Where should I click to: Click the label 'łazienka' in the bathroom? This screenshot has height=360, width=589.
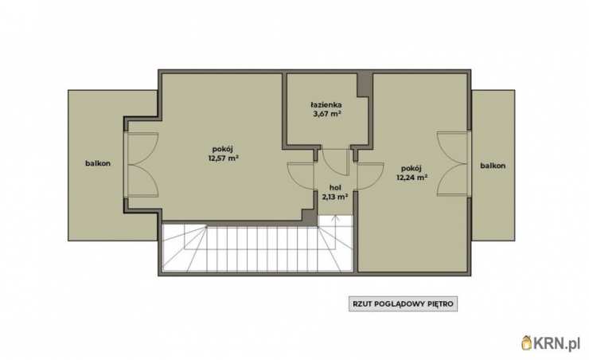[x=326, y=105]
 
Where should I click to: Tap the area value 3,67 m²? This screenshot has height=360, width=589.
[x=327, y=113]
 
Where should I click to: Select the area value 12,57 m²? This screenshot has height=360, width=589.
[x=224, y=158]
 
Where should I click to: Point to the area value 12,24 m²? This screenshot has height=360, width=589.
[x=412, y=177]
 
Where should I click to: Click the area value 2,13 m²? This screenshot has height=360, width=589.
[x=334, y=196]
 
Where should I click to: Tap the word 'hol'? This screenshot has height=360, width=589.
[x=335, y=187]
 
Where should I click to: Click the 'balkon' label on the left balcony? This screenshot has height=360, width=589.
[x=98, y=163]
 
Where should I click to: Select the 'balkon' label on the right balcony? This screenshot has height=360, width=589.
[x=493, y=166]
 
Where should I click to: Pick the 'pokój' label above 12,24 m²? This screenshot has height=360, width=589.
[x=411, y=168]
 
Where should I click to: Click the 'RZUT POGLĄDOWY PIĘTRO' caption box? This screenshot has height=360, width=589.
[x=403, y=303]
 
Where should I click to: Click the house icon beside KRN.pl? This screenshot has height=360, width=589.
[x=527, y=342]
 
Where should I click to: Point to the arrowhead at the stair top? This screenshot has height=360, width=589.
[x=335, y=217]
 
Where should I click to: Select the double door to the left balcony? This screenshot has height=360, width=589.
[x=141, y=164]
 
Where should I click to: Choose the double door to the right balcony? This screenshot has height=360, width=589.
[x=453, y=164]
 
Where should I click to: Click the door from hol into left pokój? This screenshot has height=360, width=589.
[x=301, y=176]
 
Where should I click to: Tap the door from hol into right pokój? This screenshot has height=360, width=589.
[x=370, y=176]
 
